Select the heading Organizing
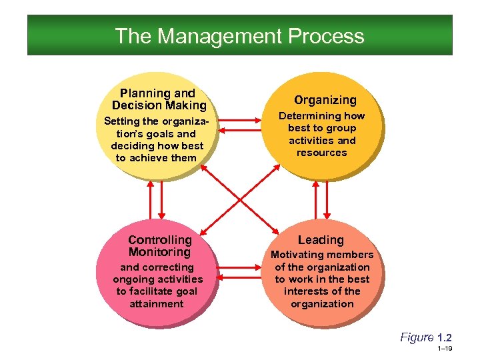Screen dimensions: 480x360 pos(325,100)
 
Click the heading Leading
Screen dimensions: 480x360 pos(321,239)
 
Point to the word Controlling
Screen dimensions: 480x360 pos(159,239)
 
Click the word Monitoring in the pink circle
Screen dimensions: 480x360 pos(159,252)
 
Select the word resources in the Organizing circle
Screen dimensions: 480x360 pos(322,153)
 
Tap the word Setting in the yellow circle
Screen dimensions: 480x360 pos(123,121)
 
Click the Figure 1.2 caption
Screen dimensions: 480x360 pos(425,337)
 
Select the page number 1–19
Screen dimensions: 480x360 pos(445,349)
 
